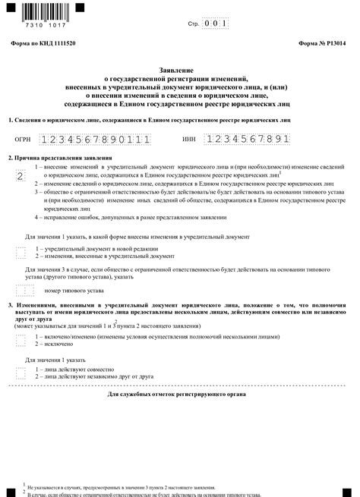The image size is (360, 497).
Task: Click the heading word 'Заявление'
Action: coord(179,70)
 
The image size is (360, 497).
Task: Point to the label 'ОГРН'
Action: coord(23,140)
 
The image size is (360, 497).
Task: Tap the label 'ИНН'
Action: coord(189,140)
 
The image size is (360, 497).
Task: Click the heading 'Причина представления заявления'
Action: coord(60,157)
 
